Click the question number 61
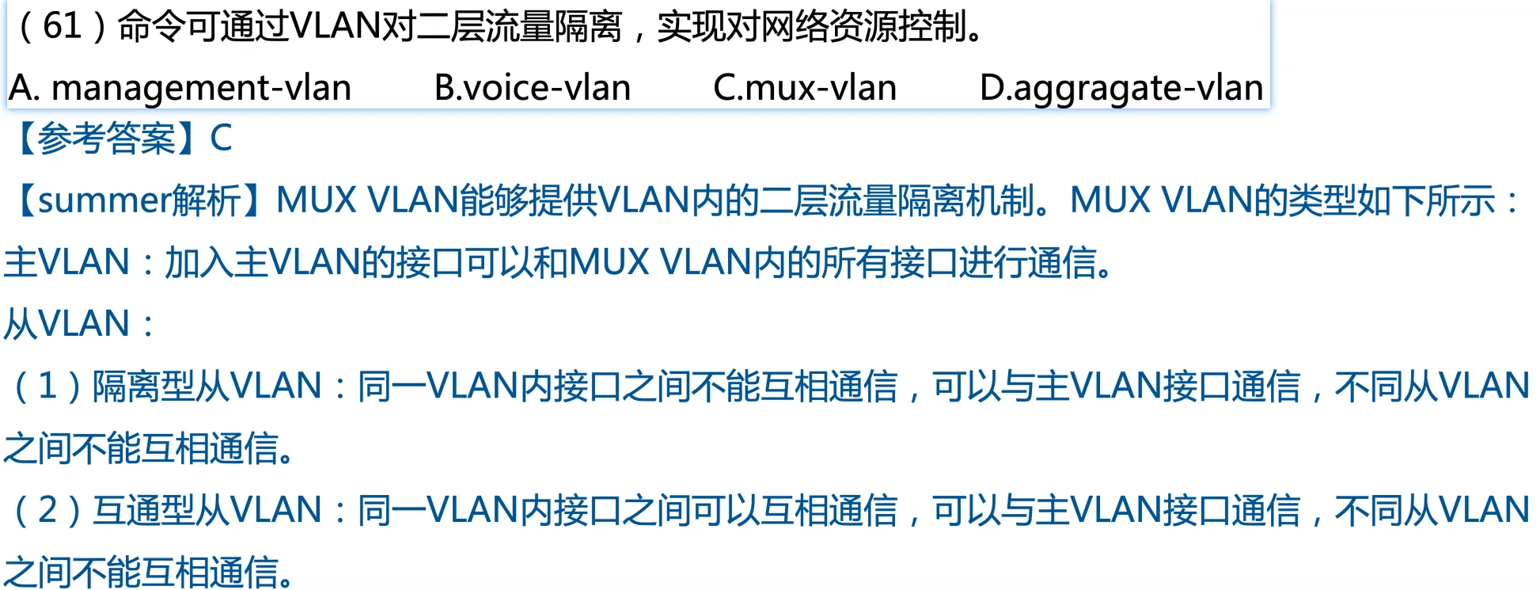62,26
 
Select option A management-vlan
180,88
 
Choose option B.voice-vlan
533,88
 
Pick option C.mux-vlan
805,88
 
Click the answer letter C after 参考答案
221,138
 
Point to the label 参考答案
106,138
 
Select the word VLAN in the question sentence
336,26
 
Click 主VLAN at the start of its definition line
66,262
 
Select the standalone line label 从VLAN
66,324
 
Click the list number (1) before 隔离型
47,386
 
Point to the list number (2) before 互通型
47,510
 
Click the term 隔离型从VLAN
207,386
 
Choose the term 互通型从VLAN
207,510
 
